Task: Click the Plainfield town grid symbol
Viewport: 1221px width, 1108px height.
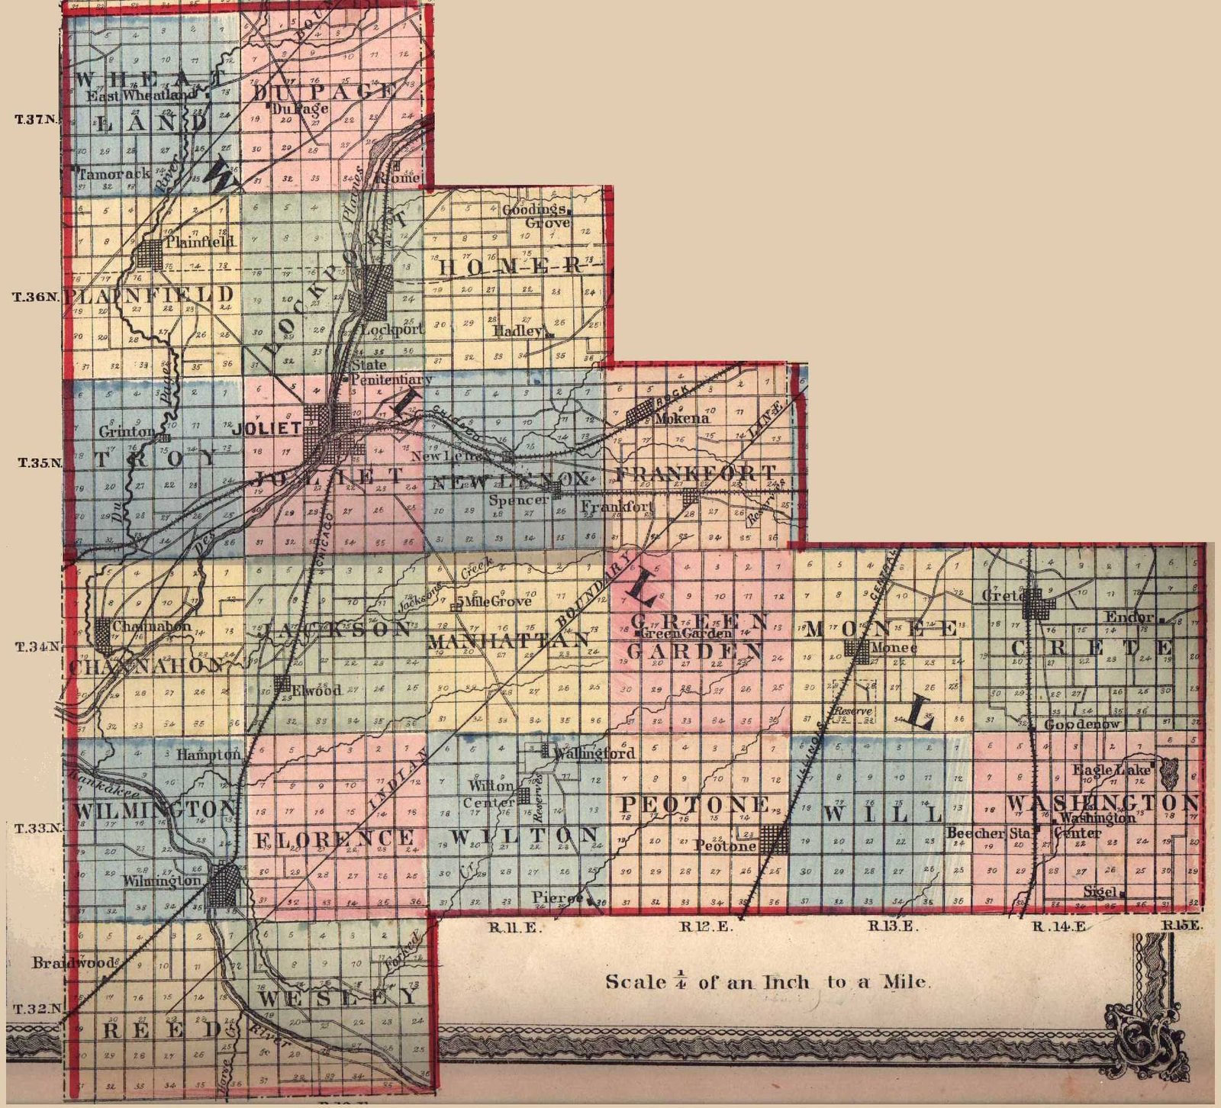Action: pyautogui.click(x=151, y=253)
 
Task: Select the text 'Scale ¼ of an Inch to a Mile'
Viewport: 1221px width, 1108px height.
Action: pyautogui.click(x=768, y=981)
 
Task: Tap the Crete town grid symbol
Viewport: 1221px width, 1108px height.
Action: pyautogui.click(x=1038, y=605)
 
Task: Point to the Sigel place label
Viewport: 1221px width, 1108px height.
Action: pyautogui.click(x=1100, y=891)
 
